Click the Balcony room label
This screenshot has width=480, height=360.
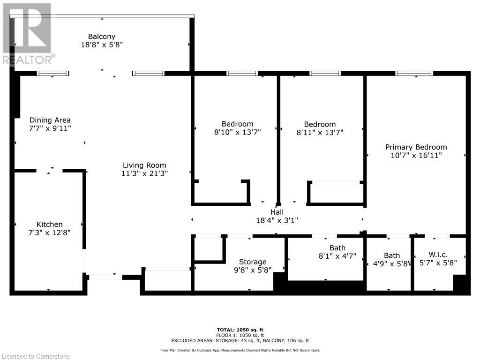(102, 37)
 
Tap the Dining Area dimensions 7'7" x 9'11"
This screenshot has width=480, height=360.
(50, 128)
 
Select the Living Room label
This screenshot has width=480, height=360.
(144, 165)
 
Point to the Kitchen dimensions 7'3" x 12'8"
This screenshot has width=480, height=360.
(50, 232)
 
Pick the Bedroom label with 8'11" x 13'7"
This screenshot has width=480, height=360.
(320, 124)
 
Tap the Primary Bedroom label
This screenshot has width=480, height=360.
(416, 147)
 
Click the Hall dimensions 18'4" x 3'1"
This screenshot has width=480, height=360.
(277, 220)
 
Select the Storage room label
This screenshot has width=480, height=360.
(253, 262)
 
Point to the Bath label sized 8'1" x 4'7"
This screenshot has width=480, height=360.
(337, 248)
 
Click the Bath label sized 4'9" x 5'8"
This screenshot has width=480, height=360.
(392, 255)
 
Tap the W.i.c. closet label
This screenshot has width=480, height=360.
(438, 255)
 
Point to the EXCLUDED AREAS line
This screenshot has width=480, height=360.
(240, 341)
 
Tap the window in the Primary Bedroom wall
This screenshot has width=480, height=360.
(414, 73)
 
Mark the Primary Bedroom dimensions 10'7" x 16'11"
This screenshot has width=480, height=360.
(416, 155)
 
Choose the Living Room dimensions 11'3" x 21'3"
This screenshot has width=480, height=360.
(144, 173)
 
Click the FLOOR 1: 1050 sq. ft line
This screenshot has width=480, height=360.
(240, 335)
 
